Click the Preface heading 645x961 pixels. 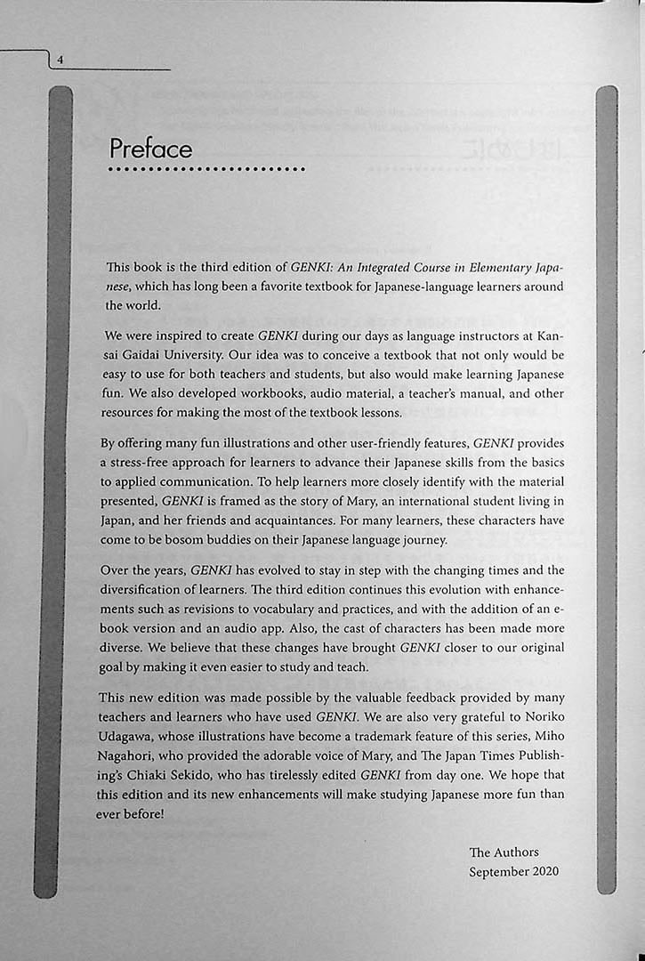click(150, 147)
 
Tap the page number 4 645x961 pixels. click(59, 60)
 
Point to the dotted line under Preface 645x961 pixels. click(206, 169)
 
